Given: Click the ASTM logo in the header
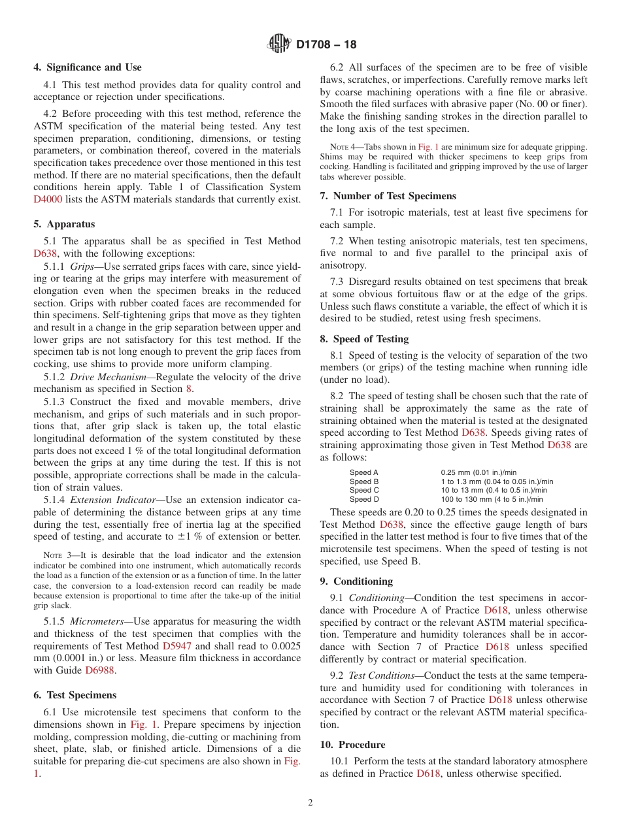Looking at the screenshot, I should [x=279, y=44].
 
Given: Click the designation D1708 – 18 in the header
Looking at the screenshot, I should [x=326, y=45].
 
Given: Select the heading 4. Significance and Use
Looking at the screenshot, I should [x=87, y=67].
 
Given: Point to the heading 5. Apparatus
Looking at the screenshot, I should [x=64, y=224].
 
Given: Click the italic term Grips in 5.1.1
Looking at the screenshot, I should [x=83, y=267].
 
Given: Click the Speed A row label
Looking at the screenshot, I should [x=364, y=472].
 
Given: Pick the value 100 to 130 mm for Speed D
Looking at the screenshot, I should [x=492, y=499].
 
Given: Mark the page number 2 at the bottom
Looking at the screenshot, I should [x=310, y=803].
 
